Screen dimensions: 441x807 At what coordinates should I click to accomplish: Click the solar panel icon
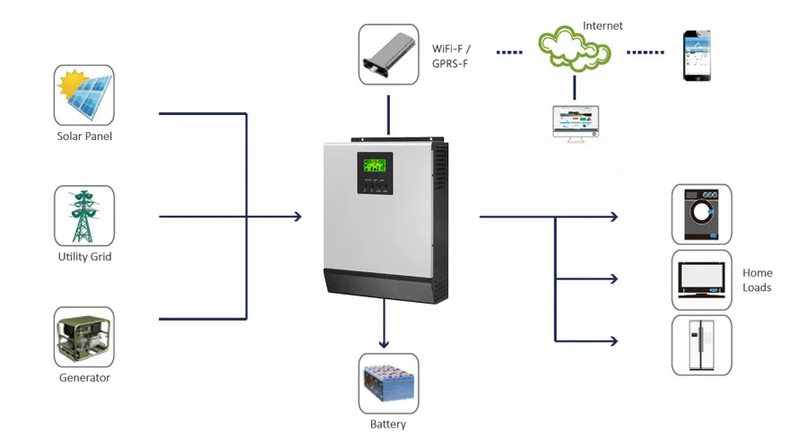pyautogui.click(x=84, y=94)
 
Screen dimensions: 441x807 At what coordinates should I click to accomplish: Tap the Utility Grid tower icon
pyautogui.click(x=84, y=216)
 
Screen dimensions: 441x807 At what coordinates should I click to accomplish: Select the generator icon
pyautogui.click(x=84, y=336)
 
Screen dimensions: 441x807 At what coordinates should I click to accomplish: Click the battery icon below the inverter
pyautogui.click(x=388, y=382)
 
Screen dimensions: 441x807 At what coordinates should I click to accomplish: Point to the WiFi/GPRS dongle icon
pyautogui.click(x=388, y=54)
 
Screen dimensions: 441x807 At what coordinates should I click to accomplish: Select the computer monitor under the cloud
pyautogui.click(x=575, y=122)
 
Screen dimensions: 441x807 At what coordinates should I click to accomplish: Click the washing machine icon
pyautogui.click(x=701, y=215)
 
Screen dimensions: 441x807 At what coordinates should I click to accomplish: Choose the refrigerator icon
pyautogui.click(x=701, y=345)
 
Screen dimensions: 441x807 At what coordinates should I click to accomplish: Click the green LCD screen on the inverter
pyautogui.click(x=375, y=166)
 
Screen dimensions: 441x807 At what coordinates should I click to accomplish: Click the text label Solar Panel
pyautogui.click(x=84, y=137)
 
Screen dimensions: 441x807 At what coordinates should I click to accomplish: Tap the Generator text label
pyautogui.click(x=84, y=378)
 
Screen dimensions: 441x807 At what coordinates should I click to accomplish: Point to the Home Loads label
pyautogui.click(x=757, y=280)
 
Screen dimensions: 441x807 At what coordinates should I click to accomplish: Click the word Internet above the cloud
pyautogui.click(x=602, y=26)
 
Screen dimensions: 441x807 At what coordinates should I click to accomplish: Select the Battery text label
pyautogui.click(x=388, y=424)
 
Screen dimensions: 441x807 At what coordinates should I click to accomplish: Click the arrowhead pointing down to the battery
pyautogui.click(x=385, y=342)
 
